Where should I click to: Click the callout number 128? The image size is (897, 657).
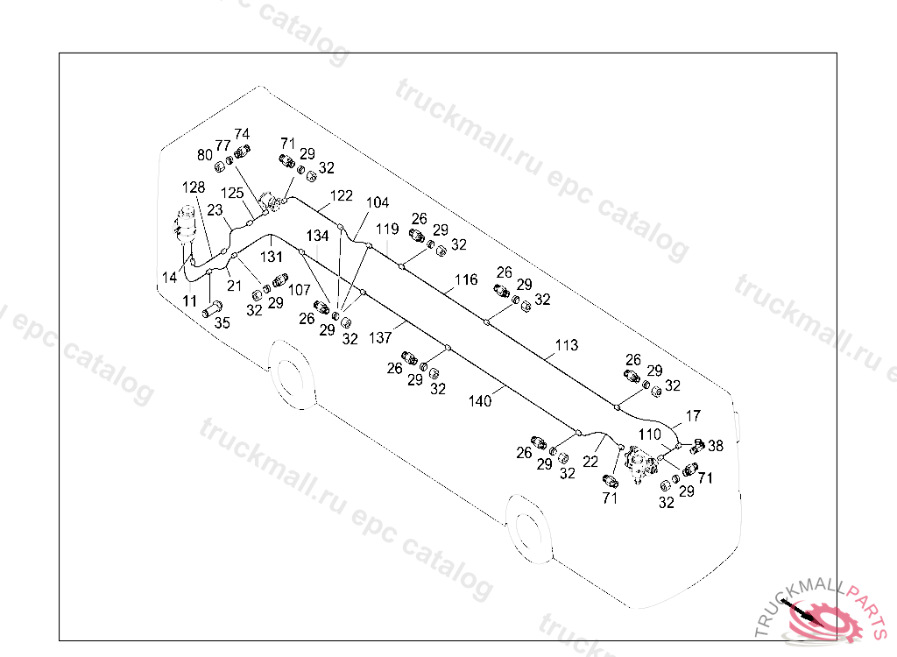coord(194,187)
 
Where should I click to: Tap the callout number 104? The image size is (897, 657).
coord(378,202)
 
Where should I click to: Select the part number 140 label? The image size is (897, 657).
coord(480,401)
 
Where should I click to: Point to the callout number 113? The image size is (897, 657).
coord(567,345)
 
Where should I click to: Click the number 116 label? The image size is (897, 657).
coord(466,279)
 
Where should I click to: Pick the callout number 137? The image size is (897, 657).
coord(380,337)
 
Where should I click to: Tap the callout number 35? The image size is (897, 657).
coord(222,322)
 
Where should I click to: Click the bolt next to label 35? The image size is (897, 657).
coord(212,309)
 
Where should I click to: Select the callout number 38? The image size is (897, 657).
coord(716,445)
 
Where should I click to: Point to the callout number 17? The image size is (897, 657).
coord(694,416)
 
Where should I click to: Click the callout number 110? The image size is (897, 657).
coord(650,434)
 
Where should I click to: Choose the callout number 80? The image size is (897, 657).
coord(205,154)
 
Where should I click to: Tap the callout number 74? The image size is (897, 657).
coord(242,134)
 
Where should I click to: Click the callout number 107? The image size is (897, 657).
coord(300,290)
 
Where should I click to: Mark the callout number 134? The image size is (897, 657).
coord(317,236)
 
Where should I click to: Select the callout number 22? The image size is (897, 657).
coord(590,462)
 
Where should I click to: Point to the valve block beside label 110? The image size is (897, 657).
coord(640,464)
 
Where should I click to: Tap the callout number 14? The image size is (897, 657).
coord(169,278)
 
